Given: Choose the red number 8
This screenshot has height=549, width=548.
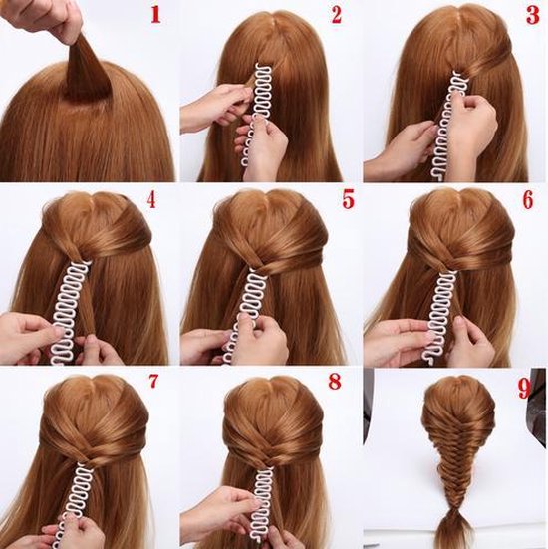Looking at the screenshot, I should coord(335,383).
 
